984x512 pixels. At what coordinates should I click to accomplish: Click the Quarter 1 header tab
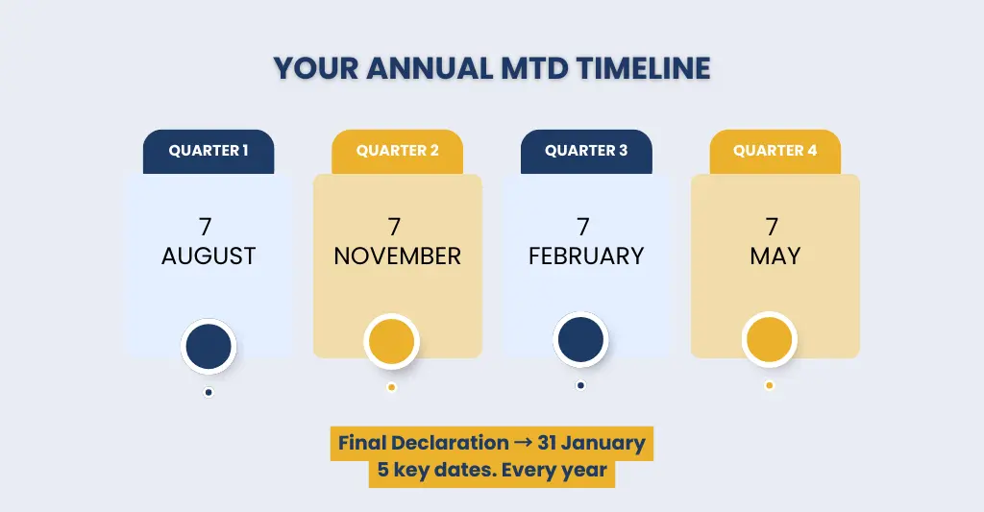point(209,151)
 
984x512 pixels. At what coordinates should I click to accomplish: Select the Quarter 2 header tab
point(397,151)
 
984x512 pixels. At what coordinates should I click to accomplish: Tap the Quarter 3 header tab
point(586,151)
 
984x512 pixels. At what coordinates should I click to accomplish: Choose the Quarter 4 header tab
point(775,151)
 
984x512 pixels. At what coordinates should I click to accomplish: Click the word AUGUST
point(209,256)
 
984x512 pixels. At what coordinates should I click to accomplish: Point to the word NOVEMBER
point(397,256)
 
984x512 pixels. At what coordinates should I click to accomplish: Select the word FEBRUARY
point(586,256)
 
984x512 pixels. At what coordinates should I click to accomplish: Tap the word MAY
point(775,256)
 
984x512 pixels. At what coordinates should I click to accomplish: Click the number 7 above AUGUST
point(205,228)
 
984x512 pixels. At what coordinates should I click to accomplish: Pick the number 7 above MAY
point(772,228)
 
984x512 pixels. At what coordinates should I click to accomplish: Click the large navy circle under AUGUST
point(209,347)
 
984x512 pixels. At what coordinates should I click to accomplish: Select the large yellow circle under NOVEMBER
point(391,342)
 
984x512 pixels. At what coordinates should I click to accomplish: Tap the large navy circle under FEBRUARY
point(580,340)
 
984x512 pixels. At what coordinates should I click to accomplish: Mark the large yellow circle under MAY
point(769,340)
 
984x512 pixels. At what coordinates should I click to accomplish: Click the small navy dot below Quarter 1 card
point(209,392)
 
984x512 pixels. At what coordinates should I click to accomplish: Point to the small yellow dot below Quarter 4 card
point(769,385)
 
